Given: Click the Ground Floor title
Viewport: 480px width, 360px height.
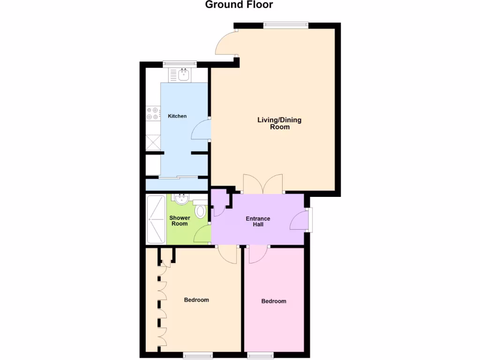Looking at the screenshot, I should [x=239, y=5].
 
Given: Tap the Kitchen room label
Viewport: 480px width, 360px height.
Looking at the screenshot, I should [x=177, y=116].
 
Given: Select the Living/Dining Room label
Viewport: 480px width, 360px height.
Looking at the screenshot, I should [x=279, y=123].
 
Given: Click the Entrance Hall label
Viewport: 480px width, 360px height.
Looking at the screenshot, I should [x=258, y=221].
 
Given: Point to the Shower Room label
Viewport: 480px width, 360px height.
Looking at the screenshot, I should [x=180, y=221].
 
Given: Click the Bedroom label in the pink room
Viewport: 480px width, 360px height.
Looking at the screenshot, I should [x=273, y=301].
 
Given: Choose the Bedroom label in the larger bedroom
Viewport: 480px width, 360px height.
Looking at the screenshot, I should [x=196, y=300].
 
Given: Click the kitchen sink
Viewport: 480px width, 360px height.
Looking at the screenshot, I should [x=183, y=74].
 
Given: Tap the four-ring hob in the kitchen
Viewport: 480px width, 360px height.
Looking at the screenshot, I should [x=152, y=113].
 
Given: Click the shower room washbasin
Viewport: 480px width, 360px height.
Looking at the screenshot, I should [x=180, y=199].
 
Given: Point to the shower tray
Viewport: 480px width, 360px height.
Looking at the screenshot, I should [x=156, y=219].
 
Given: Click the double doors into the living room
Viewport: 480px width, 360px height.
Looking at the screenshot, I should [x=263, y=184].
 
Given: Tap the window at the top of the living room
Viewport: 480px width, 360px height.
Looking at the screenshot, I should [x=285, y=26].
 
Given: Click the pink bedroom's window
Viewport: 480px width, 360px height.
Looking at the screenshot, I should [x=261, y=355].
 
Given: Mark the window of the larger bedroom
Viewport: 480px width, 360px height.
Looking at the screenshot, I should [x=197, y=355].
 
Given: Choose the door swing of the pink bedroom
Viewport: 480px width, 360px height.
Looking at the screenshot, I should [x=257, y=255].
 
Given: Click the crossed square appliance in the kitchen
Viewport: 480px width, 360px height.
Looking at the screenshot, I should [x=152, y=142].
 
